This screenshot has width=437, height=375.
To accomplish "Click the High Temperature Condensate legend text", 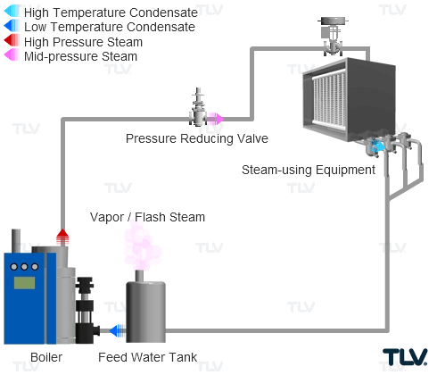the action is pos(111,12).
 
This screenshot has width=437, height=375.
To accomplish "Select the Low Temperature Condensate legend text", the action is pos(110,27).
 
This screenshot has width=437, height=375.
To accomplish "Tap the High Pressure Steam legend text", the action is pos(83,42).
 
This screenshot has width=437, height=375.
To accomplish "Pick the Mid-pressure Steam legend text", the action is pos(80,56).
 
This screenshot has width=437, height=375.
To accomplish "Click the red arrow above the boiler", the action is pos(62,237).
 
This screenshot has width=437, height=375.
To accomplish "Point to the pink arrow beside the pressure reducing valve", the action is pos(215,119).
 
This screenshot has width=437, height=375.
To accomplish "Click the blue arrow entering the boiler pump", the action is pos(118,330).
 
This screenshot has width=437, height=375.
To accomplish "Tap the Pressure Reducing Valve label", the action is pos(197,138).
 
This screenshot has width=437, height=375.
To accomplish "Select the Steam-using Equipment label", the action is pos(309,170).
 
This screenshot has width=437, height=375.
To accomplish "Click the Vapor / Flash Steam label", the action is pos(147,217).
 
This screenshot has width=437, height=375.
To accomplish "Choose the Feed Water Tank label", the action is pos(147,357).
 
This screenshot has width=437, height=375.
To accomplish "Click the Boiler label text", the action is pos(46,357).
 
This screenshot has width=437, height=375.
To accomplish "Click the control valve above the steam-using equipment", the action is pos(333,37).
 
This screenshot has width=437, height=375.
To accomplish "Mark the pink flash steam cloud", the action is pos(142,246).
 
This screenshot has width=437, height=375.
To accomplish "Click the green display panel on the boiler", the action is pos(24,283).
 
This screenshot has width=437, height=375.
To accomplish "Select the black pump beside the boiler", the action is pos(87,310).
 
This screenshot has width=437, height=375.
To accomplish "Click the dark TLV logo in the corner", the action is pos(405,357).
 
